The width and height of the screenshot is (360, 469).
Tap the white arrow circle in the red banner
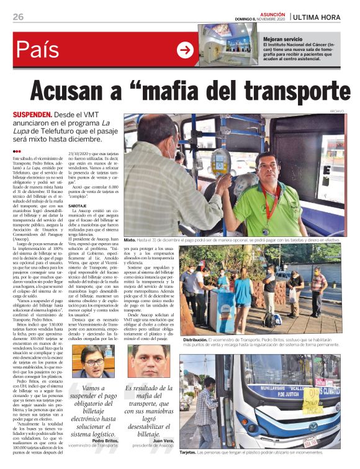point(185,50)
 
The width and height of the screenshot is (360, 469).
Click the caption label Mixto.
point(130,239)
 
